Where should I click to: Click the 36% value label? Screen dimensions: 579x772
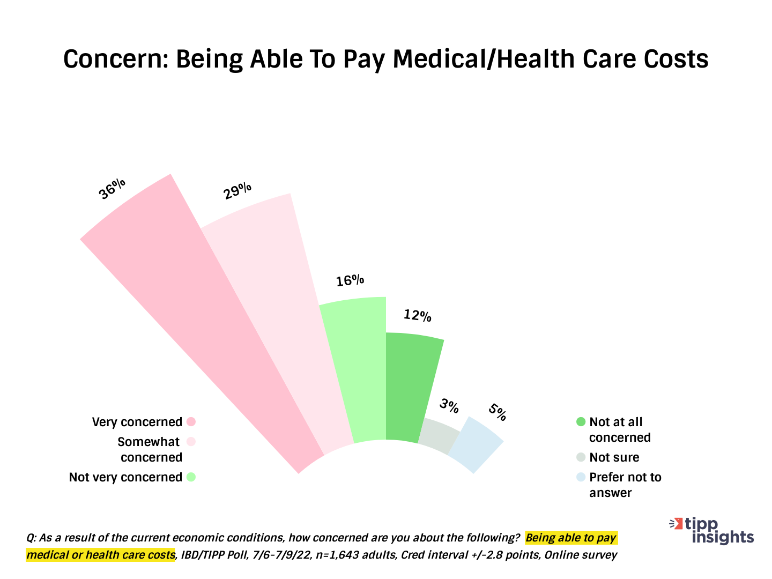[113, 189]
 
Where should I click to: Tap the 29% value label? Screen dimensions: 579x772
[237, 191]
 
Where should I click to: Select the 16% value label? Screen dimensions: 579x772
[350, 280]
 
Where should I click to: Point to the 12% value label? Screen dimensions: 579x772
[418, 316]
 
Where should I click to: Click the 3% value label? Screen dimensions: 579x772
[449, 406]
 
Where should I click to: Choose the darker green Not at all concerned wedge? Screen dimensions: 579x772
[410, 386]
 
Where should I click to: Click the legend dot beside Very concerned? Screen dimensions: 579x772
[191, 422]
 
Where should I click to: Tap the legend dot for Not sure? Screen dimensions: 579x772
[581, 457]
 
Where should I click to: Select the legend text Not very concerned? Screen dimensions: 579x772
[125, 477]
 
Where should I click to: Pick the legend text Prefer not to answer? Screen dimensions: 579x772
[625, 485]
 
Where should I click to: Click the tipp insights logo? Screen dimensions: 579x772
[713, 531]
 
